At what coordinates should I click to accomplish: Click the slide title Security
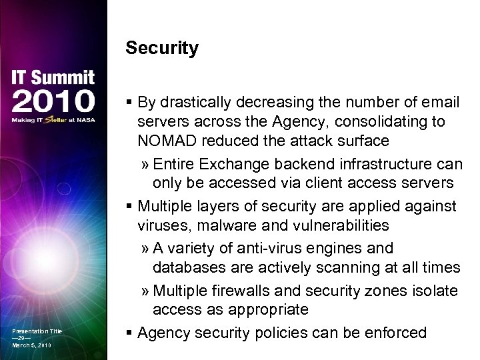(162, 49)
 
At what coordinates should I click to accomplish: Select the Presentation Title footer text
(37, 331)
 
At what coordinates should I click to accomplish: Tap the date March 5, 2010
(31, 345)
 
